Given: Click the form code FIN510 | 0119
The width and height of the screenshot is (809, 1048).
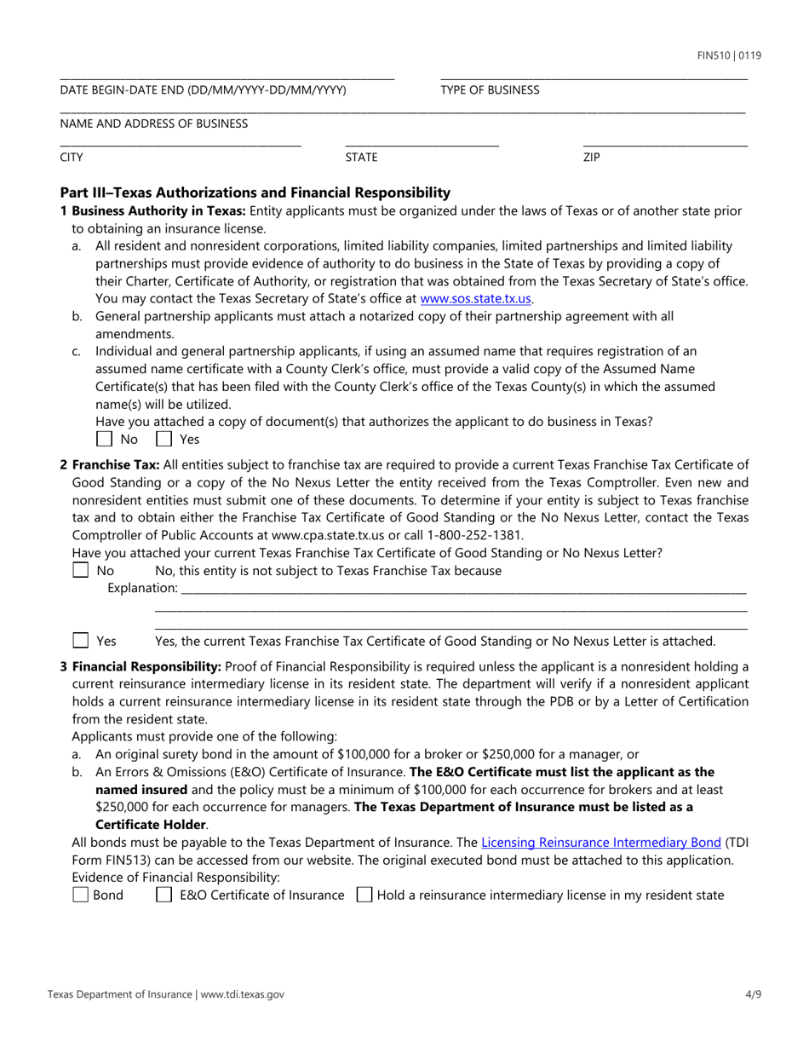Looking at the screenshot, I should [729, 56].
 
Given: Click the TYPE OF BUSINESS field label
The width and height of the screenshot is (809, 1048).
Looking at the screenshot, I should [490, 89].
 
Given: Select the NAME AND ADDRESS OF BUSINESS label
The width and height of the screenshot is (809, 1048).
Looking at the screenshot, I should [154, 124].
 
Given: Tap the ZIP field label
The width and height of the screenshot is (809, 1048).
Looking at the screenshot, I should [591, 157].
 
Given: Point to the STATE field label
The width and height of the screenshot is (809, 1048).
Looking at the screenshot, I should [361, 157].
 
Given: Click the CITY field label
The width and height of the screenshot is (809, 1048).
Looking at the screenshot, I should [72, 157].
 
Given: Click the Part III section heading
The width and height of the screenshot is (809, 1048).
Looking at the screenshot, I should [255, 193].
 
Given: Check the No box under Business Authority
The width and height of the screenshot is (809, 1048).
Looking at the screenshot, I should [104, 440].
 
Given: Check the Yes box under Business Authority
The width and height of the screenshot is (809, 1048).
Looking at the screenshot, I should [164, 440].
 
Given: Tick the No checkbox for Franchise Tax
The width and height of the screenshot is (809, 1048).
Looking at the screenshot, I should [81, 570].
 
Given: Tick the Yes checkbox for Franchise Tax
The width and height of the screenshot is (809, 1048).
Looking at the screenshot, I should [81, 641].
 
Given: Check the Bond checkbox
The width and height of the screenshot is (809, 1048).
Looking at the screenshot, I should [81, 895].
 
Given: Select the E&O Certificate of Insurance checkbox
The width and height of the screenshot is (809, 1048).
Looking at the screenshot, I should [165, 895].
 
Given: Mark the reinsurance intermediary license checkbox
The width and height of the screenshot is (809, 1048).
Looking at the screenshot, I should [364, 895].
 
